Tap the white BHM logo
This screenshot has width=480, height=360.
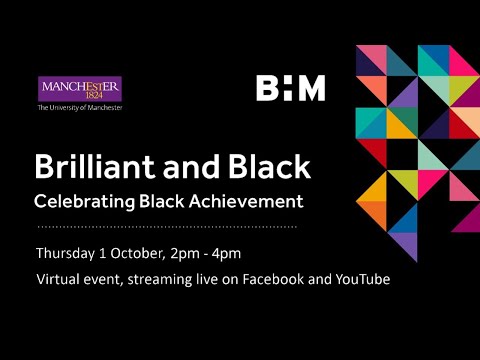[290, 88]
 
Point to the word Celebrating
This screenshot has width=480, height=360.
[80, 201]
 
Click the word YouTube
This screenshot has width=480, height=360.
[359, 279]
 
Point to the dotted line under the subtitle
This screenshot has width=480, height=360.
[166, 227]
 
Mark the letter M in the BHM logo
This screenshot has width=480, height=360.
[312, 88]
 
